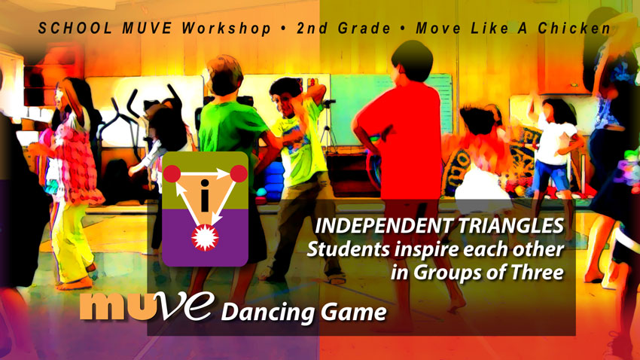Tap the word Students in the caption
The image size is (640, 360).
point(345,249)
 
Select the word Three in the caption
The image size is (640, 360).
point(538,272)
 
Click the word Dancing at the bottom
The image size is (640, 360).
point(264,310)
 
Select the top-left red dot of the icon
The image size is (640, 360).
point(172,175)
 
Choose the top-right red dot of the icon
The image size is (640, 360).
point(239,175)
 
